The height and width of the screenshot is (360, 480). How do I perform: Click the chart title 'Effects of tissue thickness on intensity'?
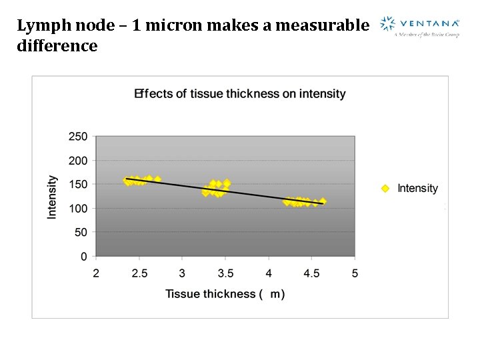coord(240,93)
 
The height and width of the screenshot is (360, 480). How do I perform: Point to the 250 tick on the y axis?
coord(78,137)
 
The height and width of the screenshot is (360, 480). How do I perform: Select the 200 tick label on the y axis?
coord(78,161)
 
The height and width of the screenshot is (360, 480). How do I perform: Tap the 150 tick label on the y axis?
coord(78,184)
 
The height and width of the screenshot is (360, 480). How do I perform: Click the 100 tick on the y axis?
coord(78,208)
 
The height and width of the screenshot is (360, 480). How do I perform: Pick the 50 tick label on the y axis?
coord(81,232)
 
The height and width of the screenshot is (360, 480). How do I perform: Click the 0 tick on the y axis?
coord(84,256)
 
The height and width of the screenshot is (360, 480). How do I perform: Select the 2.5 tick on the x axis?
coord(139,273)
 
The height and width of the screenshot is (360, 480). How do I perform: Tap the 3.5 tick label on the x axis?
coord(225,273)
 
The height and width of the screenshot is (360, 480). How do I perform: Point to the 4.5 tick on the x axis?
coord(311,273)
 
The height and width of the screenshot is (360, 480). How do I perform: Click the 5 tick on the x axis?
coord(355,273)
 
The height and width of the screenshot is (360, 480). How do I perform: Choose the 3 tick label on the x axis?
coord(182,273)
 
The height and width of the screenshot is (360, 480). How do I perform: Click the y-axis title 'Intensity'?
coord(52,197)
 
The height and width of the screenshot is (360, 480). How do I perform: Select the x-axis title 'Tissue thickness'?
coord(210,293)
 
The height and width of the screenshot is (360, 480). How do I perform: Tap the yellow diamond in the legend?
coord(385,189)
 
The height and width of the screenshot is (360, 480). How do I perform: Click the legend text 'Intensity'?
coord(417,189)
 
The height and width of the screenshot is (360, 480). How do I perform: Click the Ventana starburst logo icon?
coord(387,25)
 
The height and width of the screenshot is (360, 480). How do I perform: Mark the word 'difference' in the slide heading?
coord(57,46)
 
